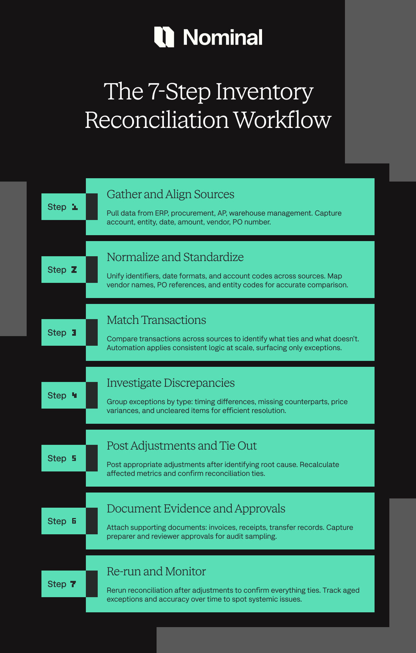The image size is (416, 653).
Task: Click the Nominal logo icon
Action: (164, 37)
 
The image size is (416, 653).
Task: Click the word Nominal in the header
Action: (223, 37)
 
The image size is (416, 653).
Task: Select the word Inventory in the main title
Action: (264, 92)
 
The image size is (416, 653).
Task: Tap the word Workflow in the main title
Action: (282, 120)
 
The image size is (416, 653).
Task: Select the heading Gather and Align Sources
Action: (170, 194)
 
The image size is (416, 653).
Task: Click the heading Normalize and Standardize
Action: (175, 257)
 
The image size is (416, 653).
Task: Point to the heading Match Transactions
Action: (156, 320)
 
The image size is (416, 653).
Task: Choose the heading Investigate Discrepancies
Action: (171, 383)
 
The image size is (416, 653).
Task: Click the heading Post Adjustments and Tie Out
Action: (181, 446)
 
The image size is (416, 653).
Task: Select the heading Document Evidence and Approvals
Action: (196, 509)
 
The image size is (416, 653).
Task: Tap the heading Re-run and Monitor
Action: (156, 572)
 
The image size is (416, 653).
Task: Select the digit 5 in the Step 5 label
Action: (74, 459)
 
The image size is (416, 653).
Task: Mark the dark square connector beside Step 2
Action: (92, 270)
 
